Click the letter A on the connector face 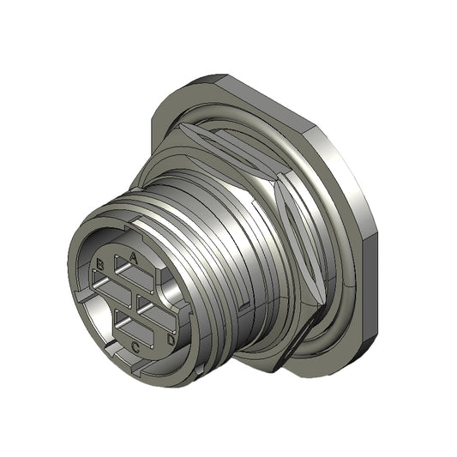tap(133, 257)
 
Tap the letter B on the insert tap(100, 265)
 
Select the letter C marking tap(135, 347)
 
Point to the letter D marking tap(171, 340)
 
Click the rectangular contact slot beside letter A tap(134, 274)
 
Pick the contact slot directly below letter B tap(111, 289)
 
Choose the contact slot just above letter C tap(134, 328)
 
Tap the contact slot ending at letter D tap(157, 315)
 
